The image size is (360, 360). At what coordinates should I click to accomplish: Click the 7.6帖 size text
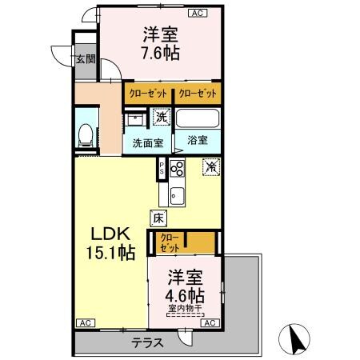click(162, 54)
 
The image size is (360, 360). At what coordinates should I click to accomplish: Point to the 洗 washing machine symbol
click(162, 118)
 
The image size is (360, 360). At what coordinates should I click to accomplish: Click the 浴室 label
click(198, 139)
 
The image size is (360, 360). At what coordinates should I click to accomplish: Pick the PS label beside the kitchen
click(162, 170)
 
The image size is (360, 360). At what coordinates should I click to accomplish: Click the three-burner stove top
click(177, 170)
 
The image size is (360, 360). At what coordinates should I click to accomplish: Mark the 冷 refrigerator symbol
click(211, 167)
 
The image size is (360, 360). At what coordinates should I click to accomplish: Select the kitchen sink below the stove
click(177, 194)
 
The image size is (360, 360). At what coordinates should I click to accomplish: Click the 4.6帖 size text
click(186, 294)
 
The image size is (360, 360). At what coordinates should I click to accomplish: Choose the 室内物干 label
click(186, 309)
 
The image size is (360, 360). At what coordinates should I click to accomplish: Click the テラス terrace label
click(148, 342)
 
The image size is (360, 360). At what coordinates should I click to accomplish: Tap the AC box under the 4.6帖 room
click(208, 322)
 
